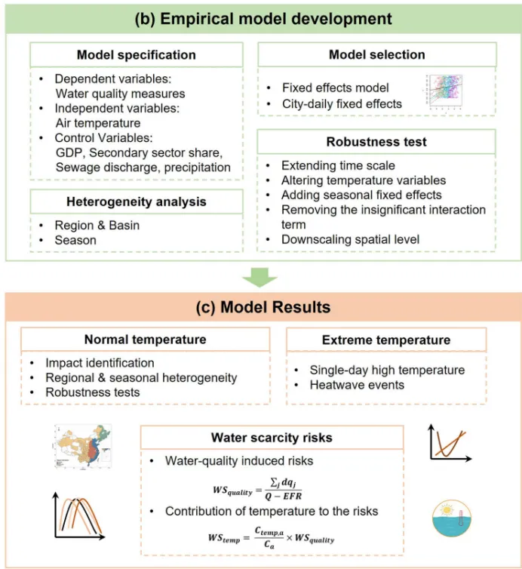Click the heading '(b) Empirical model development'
point(262,18)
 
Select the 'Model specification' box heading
point(137,55)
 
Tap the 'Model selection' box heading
point(376,55)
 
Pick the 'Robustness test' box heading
point(376,142)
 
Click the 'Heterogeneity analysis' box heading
point(137,201)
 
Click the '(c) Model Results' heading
point(262,308)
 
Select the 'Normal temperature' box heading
point(145,340)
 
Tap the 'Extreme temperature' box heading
point(385,340)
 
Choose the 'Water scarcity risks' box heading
point(271,438)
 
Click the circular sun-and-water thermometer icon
point(452,518)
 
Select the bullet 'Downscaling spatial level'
point(350,240)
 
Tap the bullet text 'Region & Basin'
point(97,226)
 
